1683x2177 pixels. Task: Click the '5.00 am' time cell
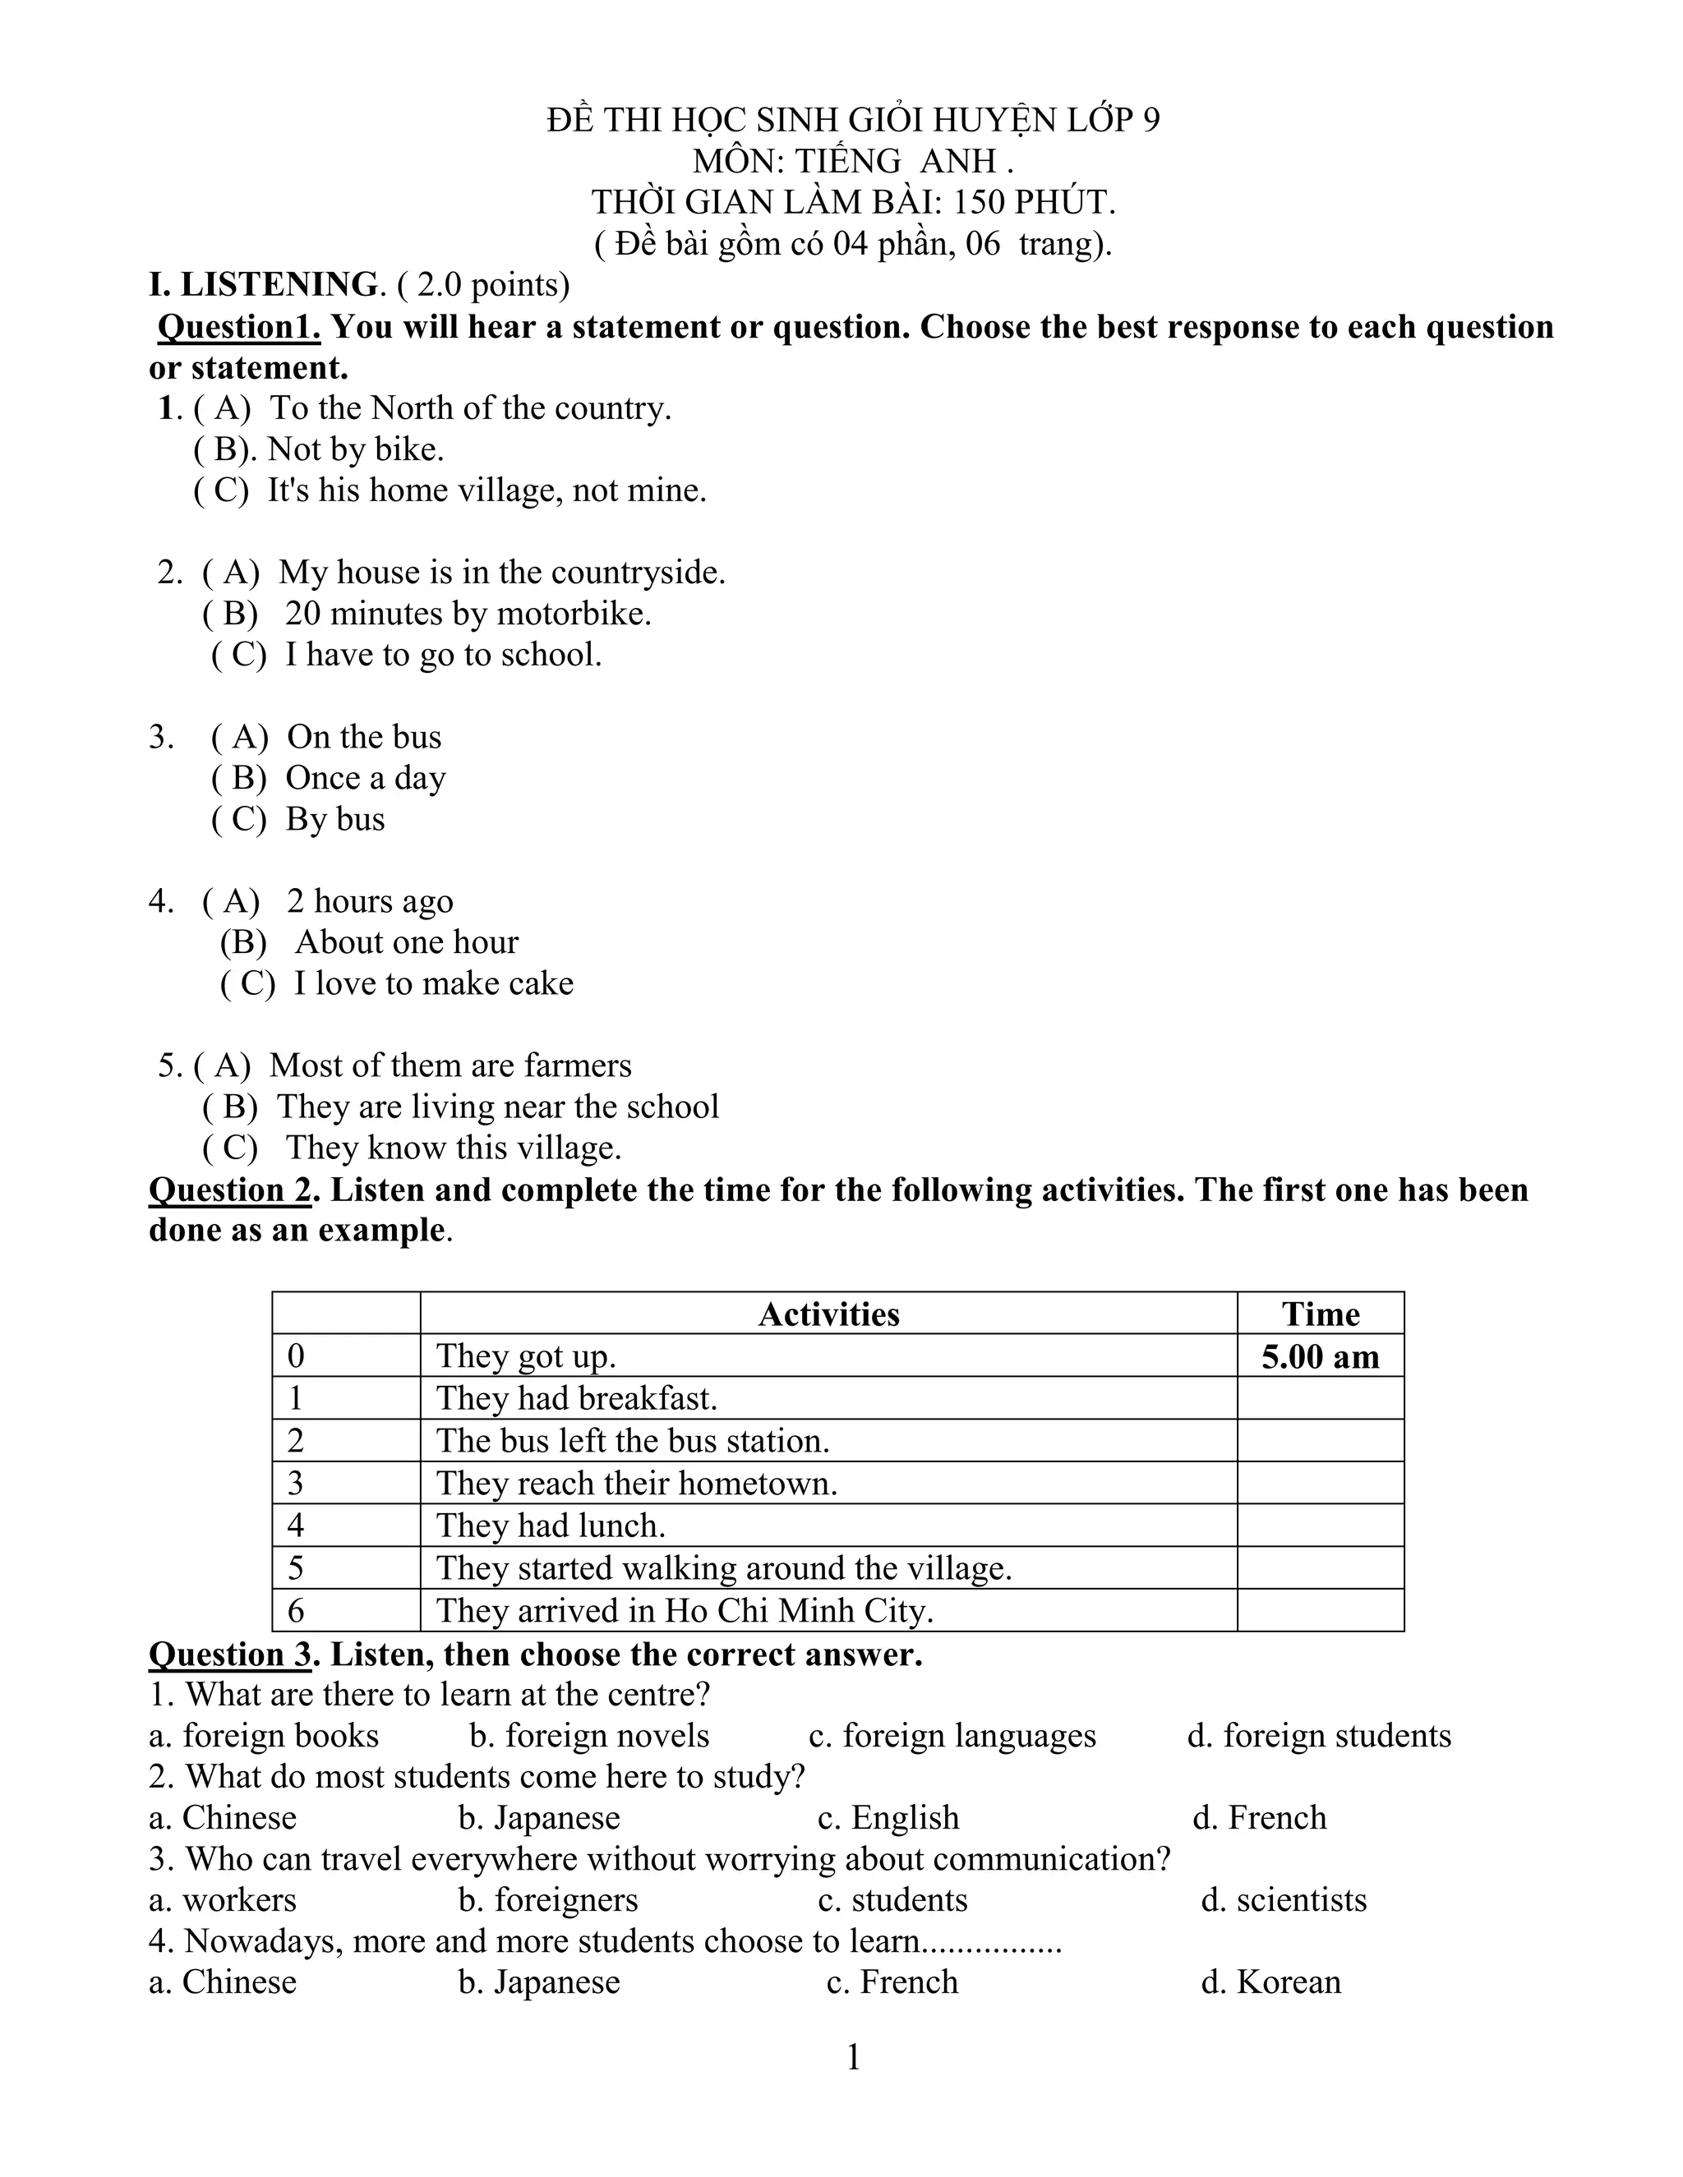[x=1319, y=1356]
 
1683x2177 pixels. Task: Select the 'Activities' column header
[x=828, y=1314]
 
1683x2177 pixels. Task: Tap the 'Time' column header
[x=1319, y=1314]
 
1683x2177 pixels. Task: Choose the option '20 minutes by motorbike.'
[x=468, y=613]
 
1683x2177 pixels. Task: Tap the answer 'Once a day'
[x=365, y=777]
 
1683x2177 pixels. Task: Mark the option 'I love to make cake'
[x=433, y=983]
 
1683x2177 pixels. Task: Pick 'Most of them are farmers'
[x=450, y=1065]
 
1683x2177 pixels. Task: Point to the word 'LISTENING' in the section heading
[x=279, y=285]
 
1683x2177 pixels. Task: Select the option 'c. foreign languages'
[x=952, y=1735]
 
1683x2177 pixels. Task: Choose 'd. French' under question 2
[x=1259, y=1817]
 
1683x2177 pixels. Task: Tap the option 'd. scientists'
[x=1283, y=1900]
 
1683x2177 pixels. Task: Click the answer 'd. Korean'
[x=1270, y=1981]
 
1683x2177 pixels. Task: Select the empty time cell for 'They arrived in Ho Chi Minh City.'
[x=1319, y=1611]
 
